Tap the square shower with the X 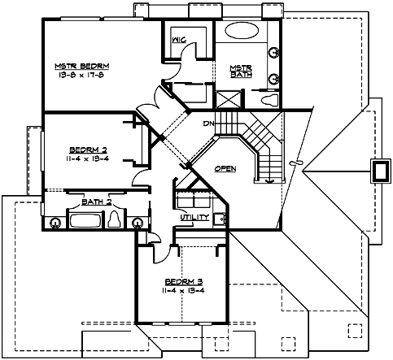pyautogui.click(x=227, y=99)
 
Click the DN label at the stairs pyautogui.click(x=209, y=123)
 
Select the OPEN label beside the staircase pyautogui.click(x=225, y=167)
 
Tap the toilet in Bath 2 pyautogui.click(x=115, y=221)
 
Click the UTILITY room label pyautogui.click(x=194, y=218)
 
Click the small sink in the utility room pyautogui.click(x=218, y=218)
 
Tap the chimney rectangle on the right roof pyautogui.click(x=379, y=171)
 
